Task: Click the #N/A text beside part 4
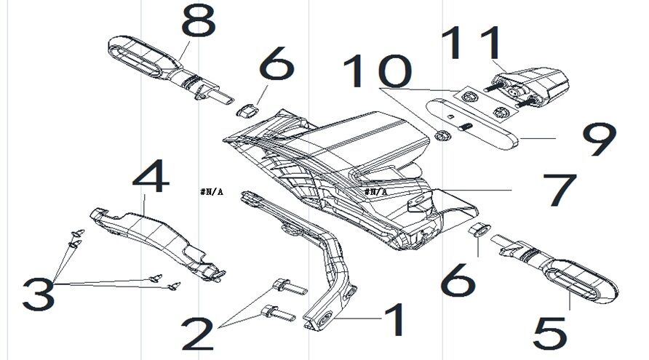coord(210,192)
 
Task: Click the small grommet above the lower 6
coord(477,231)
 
